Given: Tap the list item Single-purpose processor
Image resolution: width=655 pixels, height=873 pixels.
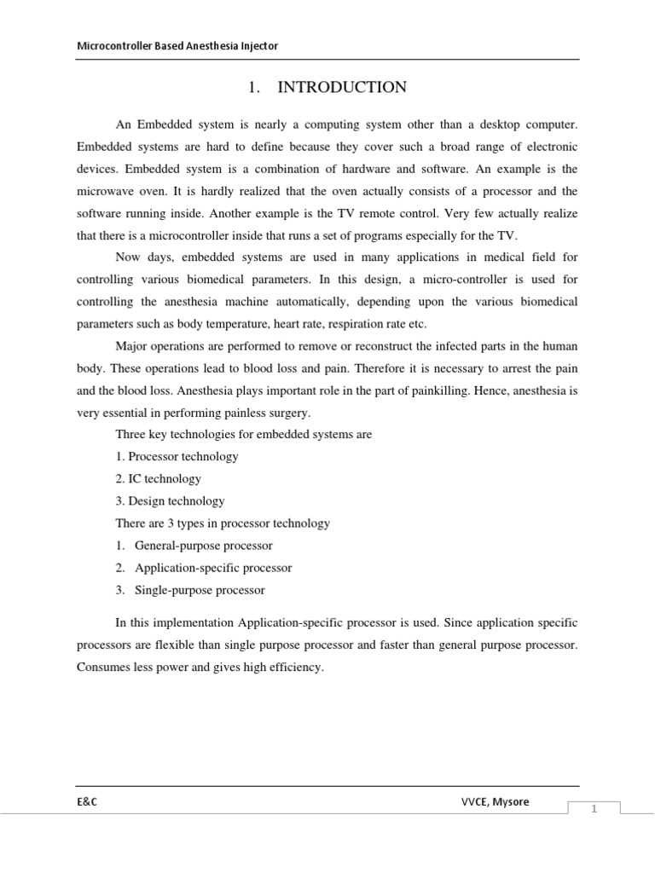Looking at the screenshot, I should click(x=200, y=589).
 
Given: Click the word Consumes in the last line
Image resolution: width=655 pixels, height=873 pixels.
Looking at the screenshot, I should click(x=102, y=668).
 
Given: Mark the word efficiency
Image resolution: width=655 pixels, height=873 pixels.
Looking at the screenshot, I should click(x=296, y=668).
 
